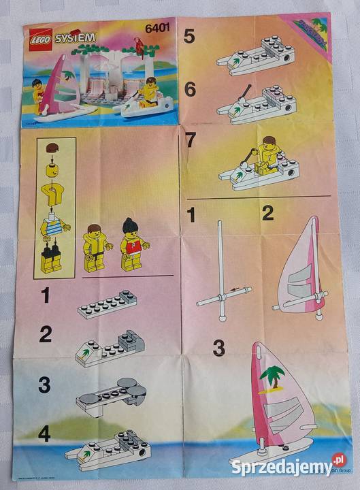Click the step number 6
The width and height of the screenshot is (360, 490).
point(189,89)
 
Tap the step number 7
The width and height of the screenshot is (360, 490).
point(190,141)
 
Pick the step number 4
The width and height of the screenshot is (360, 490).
point(44,434)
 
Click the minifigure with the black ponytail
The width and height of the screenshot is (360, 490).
point(131,246)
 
